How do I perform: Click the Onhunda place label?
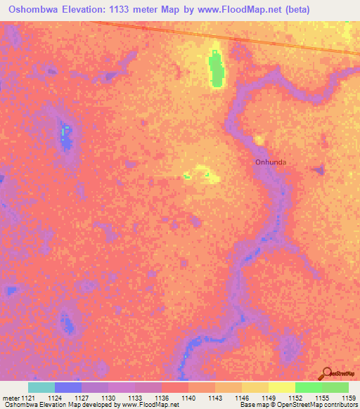pyautogui.click(x=271, y=162)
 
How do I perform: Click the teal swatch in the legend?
pyautogui.click(x=41, y=387)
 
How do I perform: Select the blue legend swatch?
pyautogui.click(x=68, y=387)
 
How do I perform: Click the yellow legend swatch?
pyautogui.click(x=281, y=387)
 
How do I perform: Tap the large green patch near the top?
pyautogui.click(x=215, y=70)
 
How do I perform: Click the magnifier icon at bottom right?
pyautogui.click(x=328, y=374)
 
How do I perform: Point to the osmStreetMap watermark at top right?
pyautogui.click(x=340, y=70)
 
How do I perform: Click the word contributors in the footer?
pyautogui.click(x=340, y=405)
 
